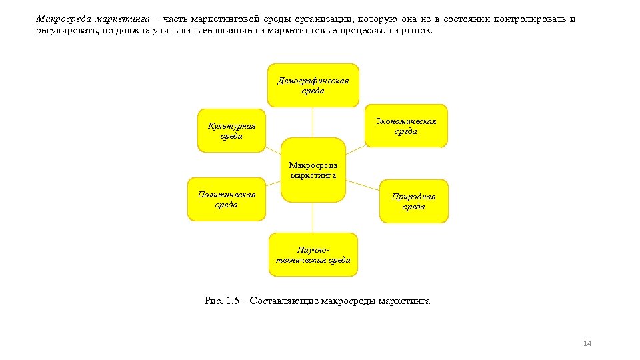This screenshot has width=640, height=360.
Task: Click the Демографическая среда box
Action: click(313, 85)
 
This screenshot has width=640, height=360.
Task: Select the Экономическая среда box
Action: click(405, 126)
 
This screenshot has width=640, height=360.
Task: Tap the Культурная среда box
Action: click(231, 131)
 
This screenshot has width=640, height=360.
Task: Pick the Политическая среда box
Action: click(227, 199)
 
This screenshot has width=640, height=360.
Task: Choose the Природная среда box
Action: click(413, 201)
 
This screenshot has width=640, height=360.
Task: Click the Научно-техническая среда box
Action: click(313, 255)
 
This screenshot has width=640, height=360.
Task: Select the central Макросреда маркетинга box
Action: click(313, 170)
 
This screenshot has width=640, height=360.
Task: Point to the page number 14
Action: click(587, 343)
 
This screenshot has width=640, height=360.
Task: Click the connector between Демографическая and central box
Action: click(313, 123)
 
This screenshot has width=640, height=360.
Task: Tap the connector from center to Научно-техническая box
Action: click(313, 217)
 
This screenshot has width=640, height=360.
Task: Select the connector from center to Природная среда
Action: click(363, 185)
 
